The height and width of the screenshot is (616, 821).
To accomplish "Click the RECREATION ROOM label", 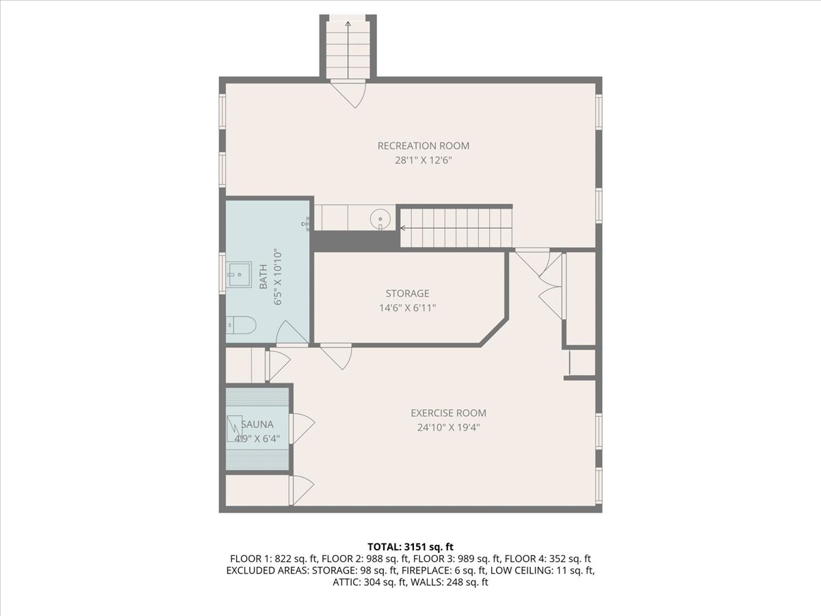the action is [x=423, y=146].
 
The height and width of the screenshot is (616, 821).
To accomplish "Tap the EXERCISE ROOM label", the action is [x=448, y=413].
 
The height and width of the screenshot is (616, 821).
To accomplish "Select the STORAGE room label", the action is [x=407, y=293].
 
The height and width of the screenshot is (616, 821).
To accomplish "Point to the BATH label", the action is [x=263, y=277].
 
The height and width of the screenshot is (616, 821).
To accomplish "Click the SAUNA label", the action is [x=257, y=424].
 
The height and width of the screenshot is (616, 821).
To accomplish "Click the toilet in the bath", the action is [x=241, y=325].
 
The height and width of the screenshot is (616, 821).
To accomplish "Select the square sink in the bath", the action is [x=239, y=275].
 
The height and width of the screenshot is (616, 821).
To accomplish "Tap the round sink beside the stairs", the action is [x=380, y=218].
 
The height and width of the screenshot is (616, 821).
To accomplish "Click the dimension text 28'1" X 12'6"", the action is [x=423, y=160].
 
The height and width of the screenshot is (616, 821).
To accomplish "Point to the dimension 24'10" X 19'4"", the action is [x=448, y=427].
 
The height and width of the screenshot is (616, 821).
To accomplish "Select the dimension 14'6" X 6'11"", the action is [x=407, y=308].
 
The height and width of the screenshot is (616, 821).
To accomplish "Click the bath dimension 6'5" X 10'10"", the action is [x=277, y=277].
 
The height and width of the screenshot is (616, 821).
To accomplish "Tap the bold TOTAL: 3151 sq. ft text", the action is [x=410, y=547].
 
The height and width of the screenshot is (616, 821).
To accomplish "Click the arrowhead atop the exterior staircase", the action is [x=348, y=24].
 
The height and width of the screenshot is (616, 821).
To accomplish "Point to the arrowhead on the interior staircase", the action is [x=403, y=228].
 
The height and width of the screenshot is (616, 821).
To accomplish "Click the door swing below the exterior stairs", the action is [x=348, y=94].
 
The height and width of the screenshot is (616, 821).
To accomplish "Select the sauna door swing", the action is [x=302, y=428].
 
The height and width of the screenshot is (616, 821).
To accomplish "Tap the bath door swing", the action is [x=292, y=332].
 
